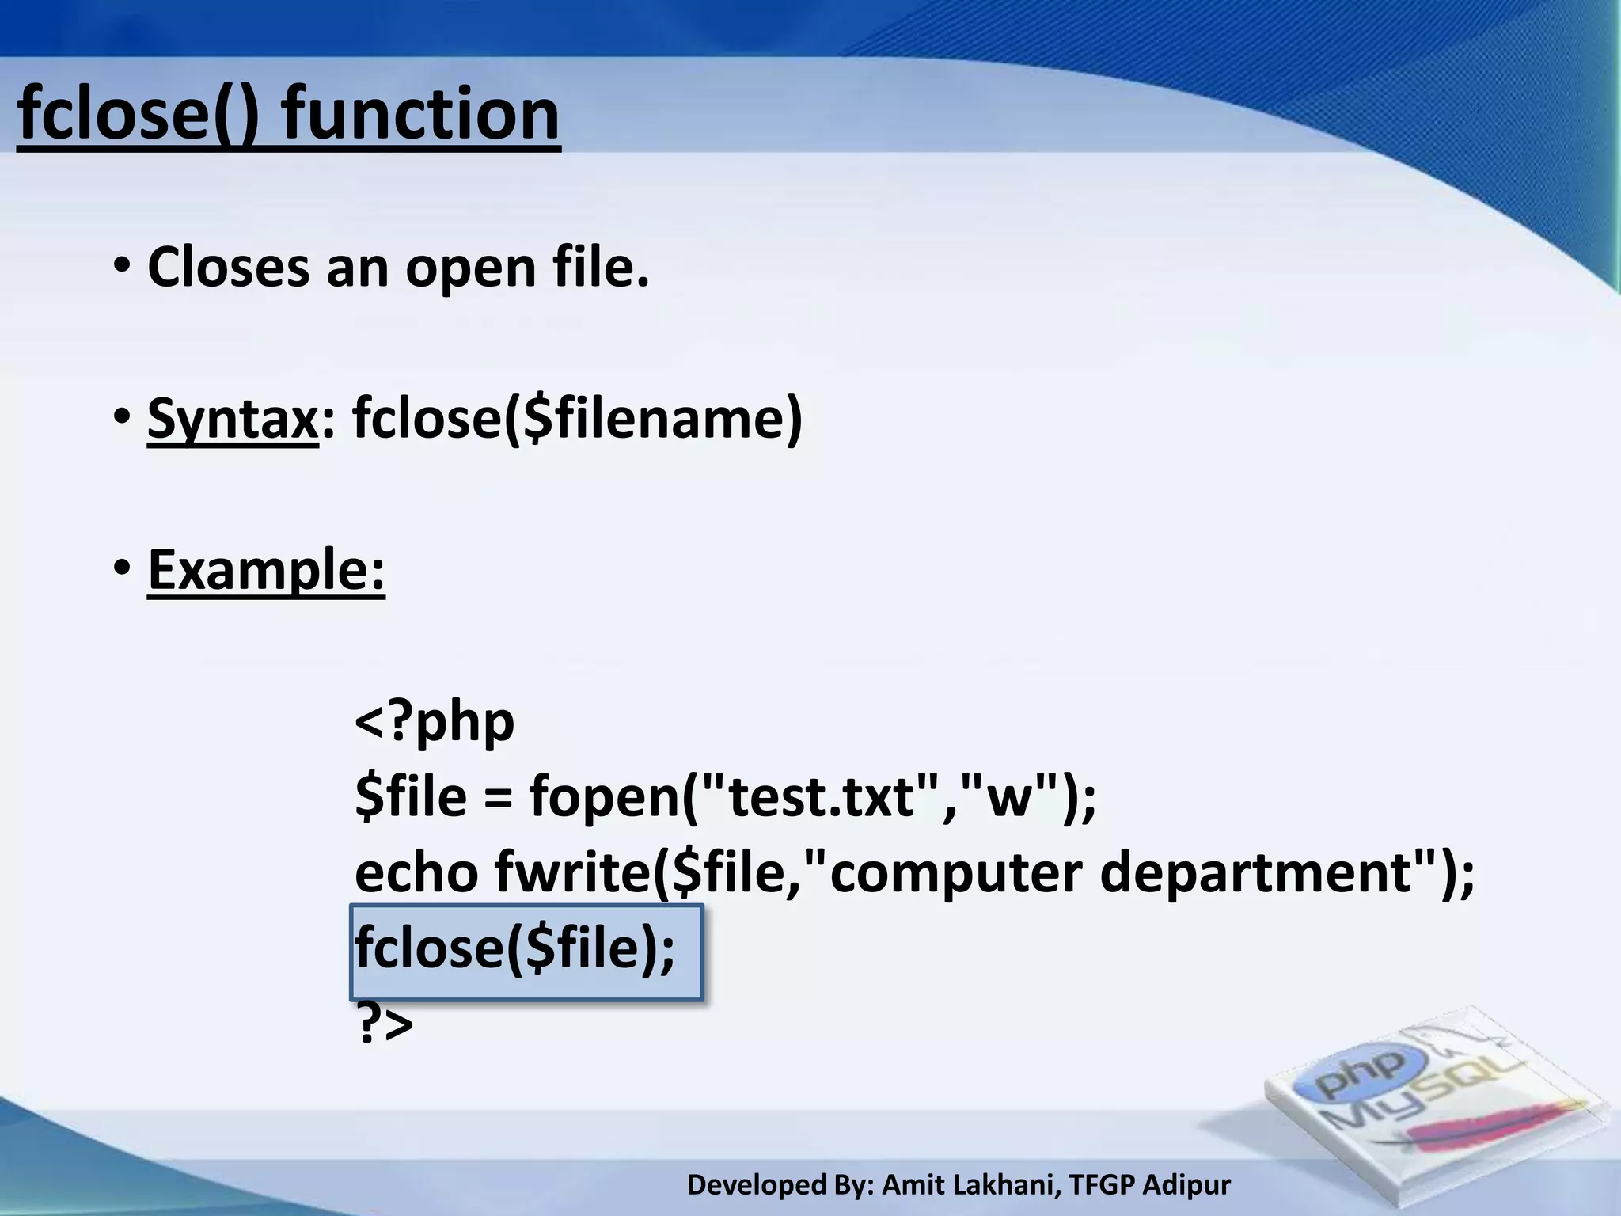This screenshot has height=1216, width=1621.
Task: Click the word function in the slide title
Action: (421, 115)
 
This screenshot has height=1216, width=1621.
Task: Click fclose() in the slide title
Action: (136, 115)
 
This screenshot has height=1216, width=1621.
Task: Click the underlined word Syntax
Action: (232, 419)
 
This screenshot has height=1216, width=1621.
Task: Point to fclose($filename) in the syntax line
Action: (577, 417)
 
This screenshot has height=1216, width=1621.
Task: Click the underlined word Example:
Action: (266, 569)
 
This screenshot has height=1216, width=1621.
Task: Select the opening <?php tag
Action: (435, 722)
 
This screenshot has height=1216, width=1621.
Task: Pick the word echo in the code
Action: (416, 872)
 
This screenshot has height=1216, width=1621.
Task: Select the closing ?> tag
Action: (385, 1024)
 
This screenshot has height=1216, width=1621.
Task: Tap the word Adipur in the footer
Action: (1187, 1185)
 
